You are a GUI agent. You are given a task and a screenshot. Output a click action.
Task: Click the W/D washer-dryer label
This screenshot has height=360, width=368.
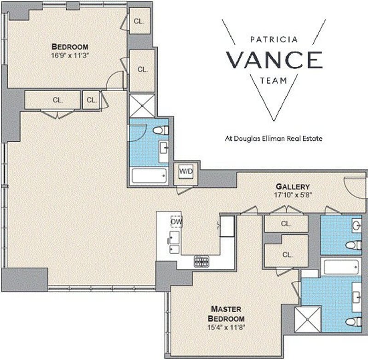186,171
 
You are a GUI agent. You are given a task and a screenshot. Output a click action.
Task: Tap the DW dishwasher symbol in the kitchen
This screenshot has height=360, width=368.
176,221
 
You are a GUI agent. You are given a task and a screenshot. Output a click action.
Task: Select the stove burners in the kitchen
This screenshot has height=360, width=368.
201,261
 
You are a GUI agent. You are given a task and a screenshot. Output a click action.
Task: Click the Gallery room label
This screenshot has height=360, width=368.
293,187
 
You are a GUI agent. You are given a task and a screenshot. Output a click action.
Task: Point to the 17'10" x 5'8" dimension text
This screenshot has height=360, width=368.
293,195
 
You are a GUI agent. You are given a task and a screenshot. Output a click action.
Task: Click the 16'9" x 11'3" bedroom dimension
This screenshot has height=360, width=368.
70,55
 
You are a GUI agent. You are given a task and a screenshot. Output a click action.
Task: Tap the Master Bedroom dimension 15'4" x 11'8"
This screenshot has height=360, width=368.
226,327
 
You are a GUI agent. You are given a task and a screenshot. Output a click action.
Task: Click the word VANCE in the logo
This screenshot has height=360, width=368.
274,60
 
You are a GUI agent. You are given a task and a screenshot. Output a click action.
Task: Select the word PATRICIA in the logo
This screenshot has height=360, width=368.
274,39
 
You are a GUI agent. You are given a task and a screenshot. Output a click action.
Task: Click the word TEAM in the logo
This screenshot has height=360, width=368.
273,81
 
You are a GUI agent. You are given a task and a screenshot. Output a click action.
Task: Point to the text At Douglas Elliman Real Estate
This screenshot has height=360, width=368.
274,139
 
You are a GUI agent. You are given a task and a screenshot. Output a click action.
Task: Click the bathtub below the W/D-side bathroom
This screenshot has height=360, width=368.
149,176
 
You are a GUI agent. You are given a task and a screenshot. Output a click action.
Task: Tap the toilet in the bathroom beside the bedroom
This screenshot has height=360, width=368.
161,130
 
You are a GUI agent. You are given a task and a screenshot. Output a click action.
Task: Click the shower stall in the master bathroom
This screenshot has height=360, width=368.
307,319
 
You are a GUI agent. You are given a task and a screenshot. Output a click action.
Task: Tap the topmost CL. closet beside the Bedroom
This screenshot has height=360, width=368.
140,21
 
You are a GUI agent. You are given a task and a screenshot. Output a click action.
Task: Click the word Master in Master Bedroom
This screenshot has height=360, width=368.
226,309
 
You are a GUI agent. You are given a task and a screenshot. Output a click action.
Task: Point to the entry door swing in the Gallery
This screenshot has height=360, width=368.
355,188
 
